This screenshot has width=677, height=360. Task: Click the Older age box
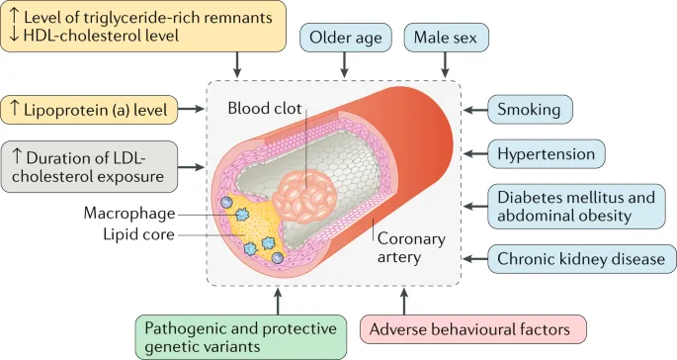click(x=345, y=39)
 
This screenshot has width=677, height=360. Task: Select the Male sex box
click(x=445, y=39)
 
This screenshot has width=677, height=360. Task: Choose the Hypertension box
click(x=546, y=153)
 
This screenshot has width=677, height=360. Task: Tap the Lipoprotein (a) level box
click(x=90, y=109)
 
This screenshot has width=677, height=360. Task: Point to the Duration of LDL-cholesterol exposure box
click(x=90, y=165)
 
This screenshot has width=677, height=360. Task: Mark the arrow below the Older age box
click(x=345, y=64)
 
